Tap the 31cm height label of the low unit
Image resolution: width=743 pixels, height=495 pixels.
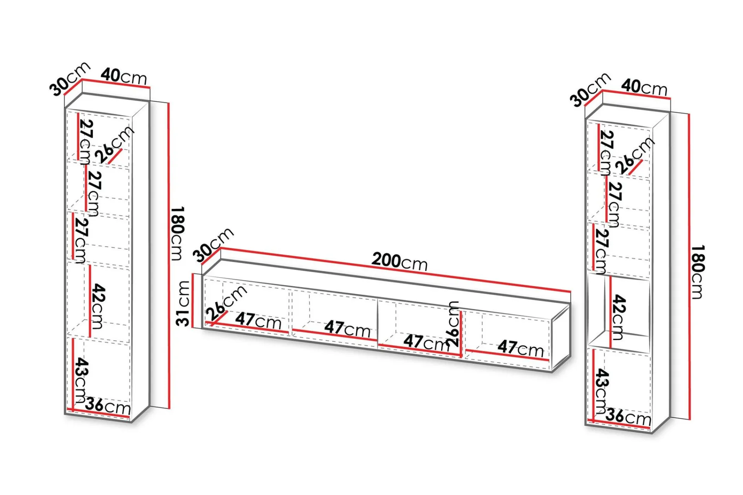(x=184, y=304)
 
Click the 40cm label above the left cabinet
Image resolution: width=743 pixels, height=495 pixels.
(x=124, y=76)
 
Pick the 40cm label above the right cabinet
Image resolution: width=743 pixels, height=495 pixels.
(x=645, y=87)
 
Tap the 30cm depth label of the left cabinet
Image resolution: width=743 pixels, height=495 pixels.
(x=70, y=79)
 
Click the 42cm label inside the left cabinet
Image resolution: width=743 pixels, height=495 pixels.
(x=98, y=306)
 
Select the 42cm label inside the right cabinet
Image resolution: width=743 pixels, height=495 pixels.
(x=618, y=317)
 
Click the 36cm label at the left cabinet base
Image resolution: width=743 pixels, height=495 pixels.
(x=108, y=406)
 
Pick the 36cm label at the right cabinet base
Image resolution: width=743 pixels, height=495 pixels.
(x=628, y=417)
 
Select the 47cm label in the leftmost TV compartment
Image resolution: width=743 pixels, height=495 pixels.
(x=258, y=321)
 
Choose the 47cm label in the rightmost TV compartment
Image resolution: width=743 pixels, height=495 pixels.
(x=520, y=348)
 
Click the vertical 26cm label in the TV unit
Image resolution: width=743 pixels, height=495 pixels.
(x=453, y=323)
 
